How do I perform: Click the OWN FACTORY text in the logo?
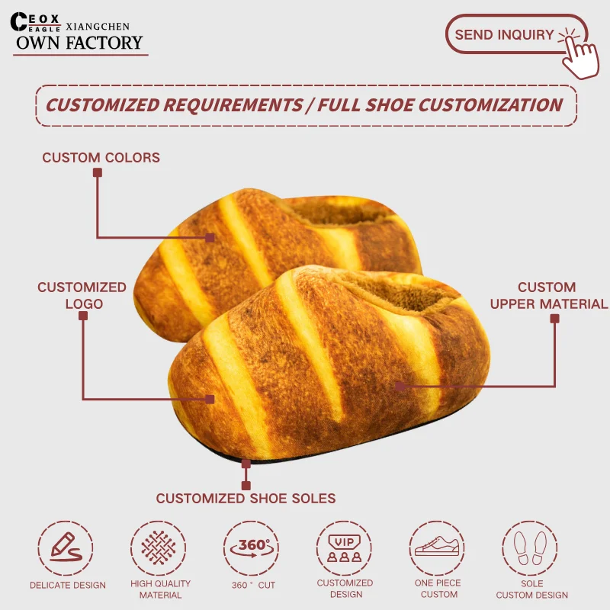point(79,43)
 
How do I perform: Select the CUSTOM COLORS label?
point(101,158)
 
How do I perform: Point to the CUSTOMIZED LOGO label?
point(82,295)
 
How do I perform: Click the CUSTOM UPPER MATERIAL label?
point(548,296)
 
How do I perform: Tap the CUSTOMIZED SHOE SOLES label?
point(246,499)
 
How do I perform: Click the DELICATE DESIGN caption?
point(67,586)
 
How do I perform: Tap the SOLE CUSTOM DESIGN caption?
point(531,589)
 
